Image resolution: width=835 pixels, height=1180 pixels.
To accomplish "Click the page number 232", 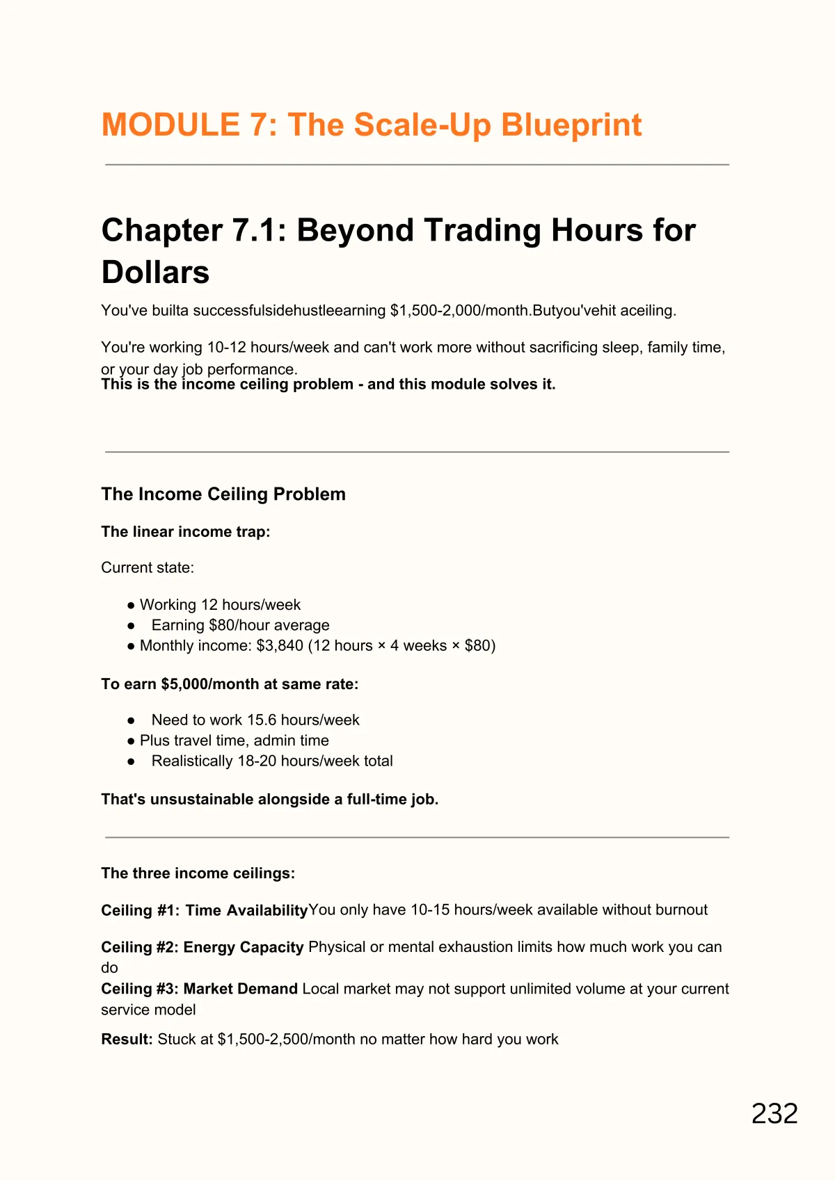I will pyautogui.click(x=774, y=1114).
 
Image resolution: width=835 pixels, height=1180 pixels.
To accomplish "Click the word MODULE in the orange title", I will pyautogui.click(x=170, y=125).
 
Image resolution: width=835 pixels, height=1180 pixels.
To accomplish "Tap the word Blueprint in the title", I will pyautogui.click(x=571, y=125).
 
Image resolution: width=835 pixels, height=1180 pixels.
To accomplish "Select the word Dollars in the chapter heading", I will pyautogui.click(x=155, y=272).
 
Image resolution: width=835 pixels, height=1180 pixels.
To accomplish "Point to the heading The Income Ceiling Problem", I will pyautogui.click(x=223, y=494).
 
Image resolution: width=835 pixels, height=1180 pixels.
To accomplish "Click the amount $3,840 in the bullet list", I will pyautogui.click(x=280, y=645).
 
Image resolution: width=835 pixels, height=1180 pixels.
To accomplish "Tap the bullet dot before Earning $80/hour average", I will pyautogui.click(x=131, y=626).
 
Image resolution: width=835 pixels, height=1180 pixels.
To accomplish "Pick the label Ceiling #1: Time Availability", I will pyautogui.click(x=204, y=910).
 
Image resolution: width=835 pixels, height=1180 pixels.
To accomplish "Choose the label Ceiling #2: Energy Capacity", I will pyautogui.click(x=202, y=947).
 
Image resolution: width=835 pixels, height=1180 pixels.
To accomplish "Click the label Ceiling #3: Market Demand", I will pyautogui.click(x=199, y=989).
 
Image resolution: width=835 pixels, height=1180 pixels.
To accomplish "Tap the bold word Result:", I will pyautogui.click(x=127, y=1039).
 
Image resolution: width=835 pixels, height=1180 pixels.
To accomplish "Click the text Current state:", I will pyautogui.click(x=148, y=567).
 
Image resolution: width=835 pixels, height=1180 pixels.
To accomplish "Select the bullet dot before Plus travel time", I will pyautogui.click(x=131, y=741).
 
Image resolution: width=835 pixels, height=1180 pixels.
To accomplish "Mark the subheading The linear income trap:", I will pyautogui.click(x=185, y=531).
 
